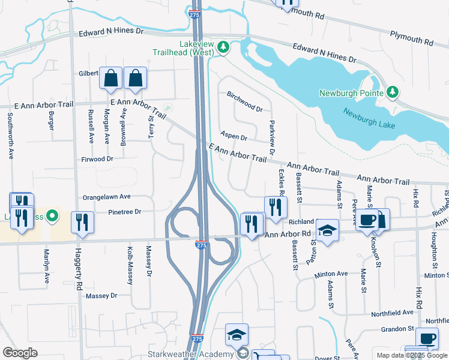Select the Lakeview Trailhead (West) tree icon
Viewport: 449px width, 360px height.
pyautogui.click(x=223, y=47)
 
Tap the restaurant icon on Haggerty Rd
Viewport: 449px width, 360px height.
pyautogui.click(x=82, y=223)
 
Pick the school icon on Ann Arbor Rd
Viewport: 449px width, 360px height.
pyautogui.click(x=328, y=230)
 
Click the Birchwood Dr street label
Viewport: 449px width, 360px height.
pyautogui.click(x=245, y=101)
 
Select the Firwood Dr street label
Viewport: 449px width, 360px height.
pyautogui.click(x=97, y=159)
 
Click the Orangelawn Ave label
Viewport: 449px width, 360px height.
pyautogui.click(x=106, y=196)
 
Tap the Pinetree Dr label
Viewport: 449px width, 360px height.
pyautogui.click(x=124, y=212)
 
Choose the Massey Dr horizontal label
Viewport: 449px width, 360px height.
pyautogui.click(x=101, y=296)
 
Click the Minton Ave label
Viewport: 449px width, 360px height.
pyautogui.click(x=331, y=274)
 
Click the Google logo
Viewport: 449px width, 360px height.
pyautogui.click(x=20, y=353)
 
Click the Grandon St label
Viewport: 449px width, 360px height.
pyautogui.click(x=398, y=329)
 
